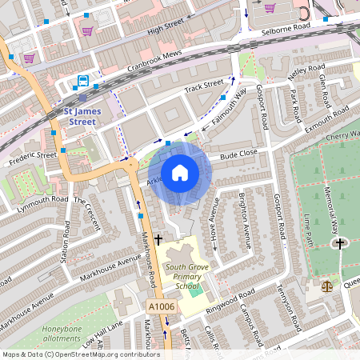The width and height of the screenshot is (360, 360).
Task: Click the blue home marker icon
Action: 180,173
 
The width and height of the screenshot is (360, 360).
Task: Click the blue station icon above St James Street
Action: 82,81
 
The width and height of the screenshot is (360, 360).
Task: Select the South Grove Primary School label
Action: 176,276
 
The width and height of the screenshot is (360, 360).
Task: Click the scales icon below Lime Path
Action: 326,286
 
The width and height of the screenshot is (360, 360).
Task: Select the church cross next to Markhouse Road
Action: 158,238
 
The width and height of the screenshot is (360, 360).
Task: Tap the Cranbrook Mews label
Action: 139,59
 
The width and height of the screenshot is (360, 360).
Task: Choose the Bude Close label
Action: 238,152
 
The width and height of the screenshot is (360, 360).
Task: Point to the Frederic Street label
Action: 32,154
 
